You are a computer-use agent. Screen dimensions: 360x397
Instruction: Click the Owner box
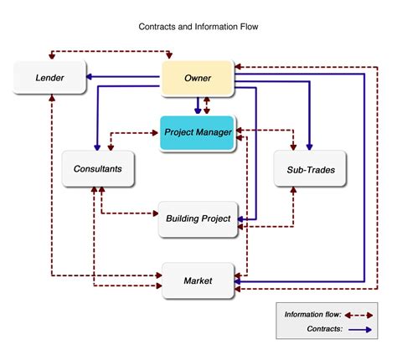198,79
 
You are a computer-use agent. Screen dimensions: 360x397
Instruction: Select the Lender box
49,79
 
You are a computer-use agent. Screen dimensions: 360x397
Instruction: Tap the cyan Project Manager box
198,132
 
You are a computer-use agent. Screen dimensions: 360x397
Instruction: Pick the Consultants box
97,168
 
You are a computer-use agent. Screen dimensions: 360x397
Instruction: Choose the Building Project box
198,219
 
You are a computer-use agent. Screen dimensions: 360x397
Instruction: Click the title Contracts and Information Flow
198,26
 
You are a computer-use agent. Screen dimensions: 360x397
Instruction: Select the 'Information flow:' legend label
312,315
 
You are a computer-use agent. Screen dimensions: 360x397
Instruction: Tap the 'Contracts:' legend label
324,330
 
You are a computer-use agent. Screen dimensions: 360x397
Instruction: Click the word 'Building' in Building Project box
183,219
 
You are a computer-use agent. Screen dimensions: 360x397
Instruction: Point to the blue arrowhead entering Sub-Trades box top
309,144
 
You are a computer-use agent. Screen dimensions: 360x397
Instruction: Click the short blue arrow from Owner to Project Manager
198,105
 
